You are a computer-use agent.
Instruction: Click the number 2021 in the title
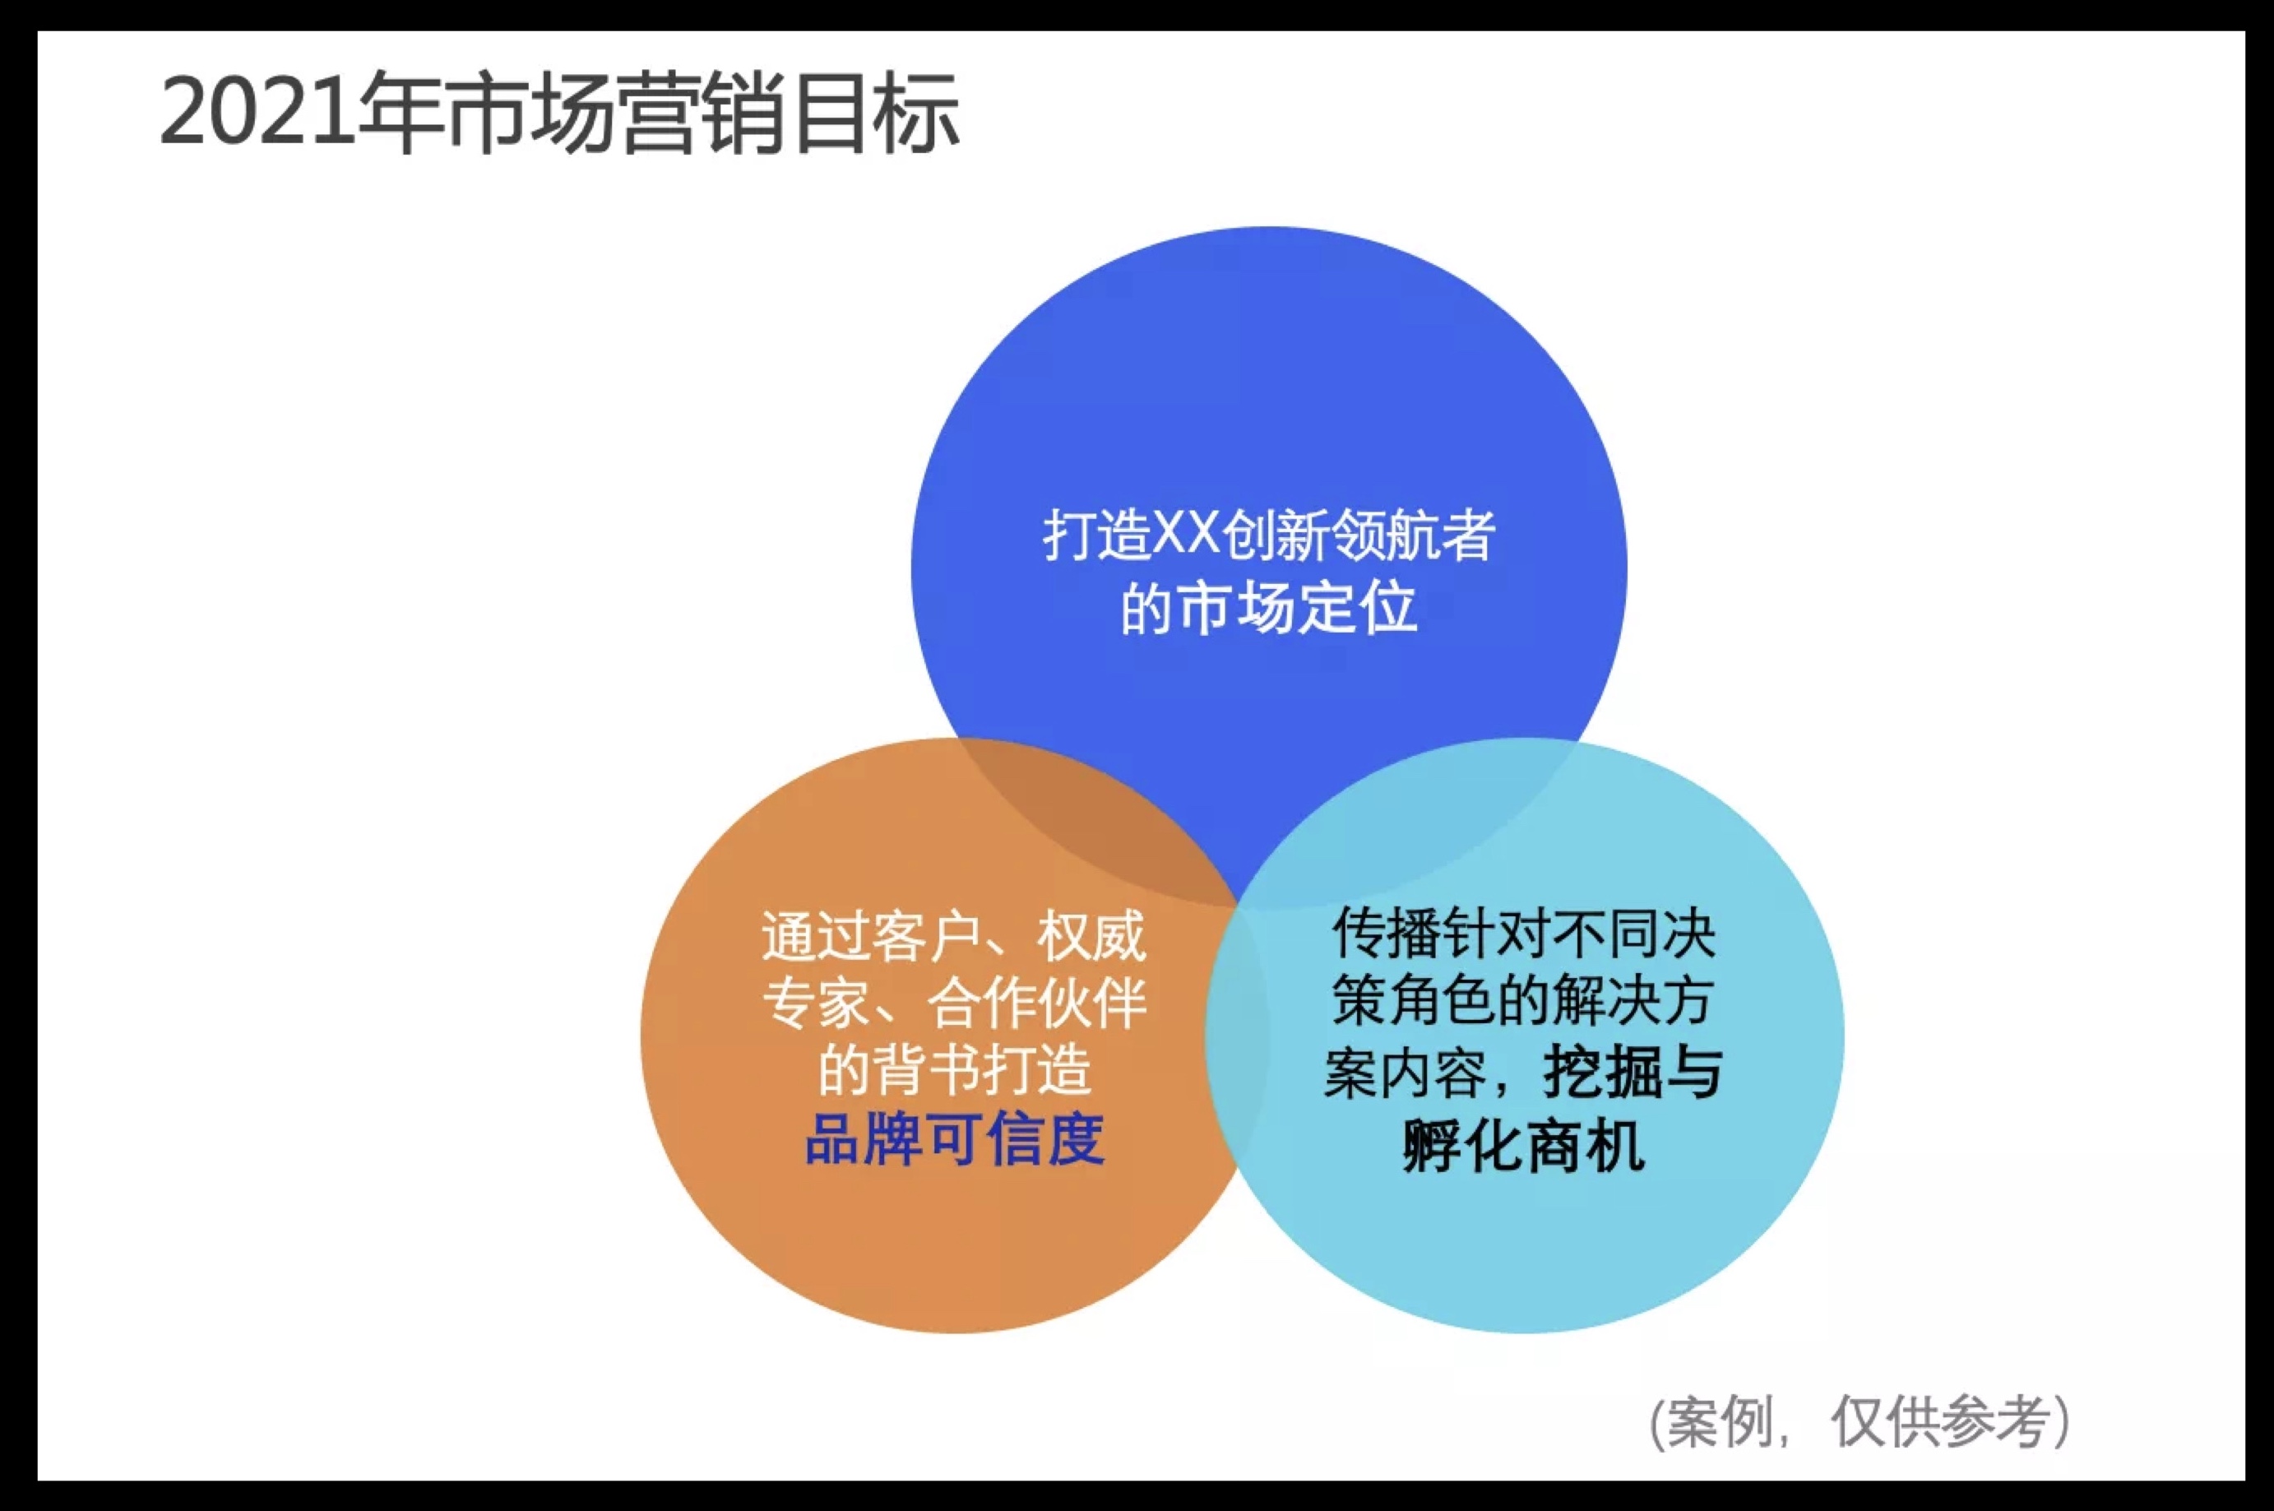[x=257, y=114]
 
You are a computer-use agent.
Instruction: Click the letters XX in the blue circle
[x=1187, y=535]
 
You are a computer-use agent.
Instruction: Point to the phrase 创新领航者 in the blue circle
[x=1358, y=535]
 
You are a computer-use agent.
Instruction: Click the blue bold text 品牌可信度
[x=954, y=1139]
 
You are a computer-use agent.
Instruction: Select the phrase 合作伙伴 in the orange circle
[x=1035, y=1003]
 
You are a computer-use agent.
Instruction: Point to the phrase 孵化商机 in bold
[x=1523, y=1146]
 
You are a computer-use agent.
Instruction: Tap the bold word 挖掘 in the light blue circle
[x=1599, y=1073]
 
